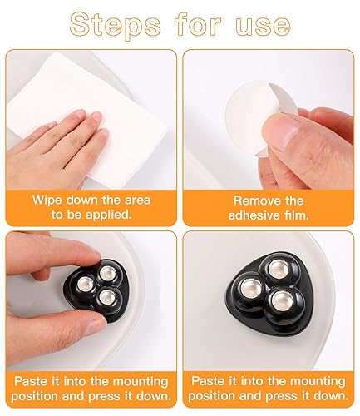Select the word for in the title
[x=198, y=26]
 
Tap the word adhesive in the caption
[x=254, y=215]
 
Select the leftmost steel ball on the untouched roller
[x=252, y=288]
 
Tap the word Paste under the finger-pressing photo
[x=31, y=381]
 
